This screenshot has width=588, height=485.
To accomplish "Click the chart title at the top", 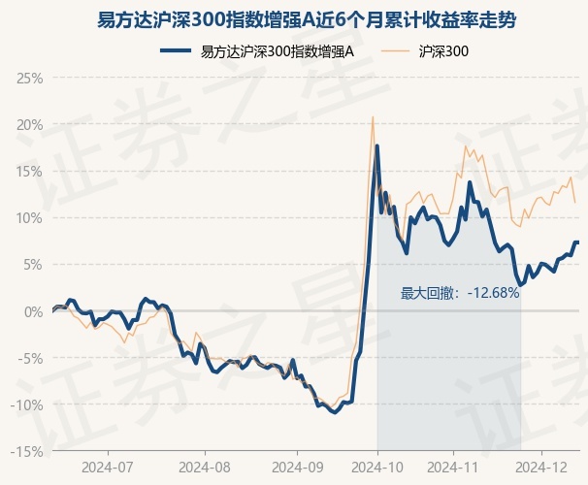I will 293,18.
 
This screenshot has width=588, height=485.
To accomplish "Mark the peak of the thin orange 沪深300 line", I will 373,117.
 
